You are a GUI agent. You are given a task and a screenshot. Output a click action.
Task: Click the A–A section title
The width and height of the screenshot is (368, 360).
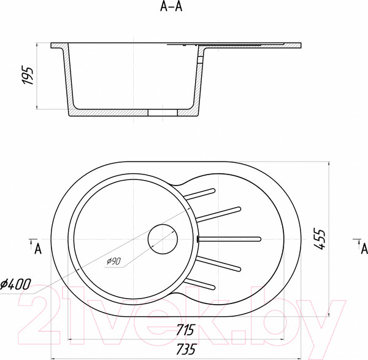(x=171, y=7)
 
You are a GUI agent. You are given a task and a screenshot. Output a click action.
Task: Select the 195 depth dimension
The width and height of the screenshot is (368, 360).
(x=28, y=76)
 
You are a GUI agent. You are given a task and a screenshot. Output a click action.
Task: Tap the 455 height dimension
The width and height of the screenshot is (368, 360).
(x=320, y=239)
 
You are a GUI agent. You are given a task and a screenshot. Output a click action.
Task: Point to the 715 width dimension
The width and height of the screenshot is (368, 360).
(x=185, y=329)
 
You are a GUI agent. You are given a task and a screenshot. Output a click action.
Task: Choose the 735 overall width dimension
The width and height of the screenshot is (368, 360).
(x=185, y=349)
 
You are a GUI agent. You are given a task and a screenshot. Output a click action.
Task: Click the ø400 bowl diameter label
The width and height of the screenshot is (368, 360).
(x=15, y=284)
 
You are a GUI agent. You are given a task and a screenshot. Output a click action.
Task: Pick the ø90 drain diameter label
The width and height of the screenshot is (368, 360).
(x=113, y=261)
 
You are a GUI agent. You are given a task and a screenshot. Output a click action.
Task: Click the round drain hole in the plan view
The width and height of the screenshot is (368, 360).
(x=163, y=239)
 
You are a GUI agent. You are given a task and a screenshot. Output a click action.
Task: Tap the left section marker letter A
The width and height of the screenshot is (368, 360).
(x=38, y=249)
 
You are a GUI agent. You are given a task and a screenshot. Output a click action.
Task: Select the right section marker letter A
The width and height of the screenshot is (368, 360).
(x=364, y=249)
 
